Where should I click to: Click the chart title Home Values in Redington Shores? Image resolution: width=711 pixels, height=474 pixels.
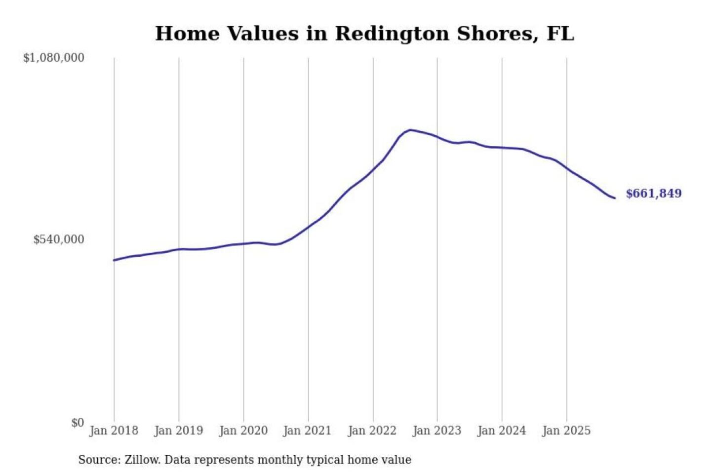tap(364, 34)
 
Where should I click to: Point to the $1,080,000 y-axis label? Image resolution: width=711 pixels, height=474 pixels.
tap(54, 58)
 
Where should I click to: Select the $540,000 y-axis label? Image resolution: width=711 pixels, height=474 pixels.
tap(59, 239)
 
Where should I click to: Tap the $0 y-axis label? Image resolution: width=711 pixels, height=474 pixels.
tap(78, 423)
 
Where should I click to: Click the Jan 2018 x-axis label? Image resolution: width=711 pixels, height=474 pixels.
tap(114, 431)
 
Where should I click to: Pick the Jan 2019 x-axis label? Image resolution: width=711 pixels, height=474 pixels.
tap(178, 431)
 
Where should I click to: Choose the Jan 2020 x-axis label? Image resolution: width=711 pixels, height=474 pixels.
tap(243, 431)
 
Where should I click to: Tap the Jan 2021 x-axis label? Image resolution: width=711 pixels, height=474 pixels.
tap(307, 431)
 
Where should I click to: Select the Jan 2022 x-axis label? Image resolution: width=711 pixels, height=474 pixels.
tap(372, 431)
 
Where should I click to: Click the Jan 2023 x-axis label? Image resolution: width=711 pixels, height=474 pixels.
tap(436, 431)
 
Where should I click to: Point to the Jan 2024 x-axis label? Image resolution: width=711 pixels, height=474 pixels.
tap(502, 431)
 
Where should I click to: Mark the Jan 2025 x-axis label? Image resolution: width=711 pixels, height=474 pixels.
tap(566, 431)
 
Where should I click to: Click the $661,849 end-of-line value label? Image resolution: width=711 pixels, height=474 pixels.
tap(654, 194)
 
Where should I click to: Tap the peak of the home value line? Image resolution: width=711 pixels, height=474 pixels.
tap(410, 130)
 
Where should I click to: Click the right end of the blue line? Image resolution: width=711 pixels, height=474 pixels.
tap(615, 198)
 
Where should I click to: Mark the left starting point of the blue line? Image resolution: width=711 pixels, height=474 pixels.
tap(114, 260)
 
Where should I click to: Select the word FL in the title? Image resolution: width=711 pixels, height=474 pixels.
tap(560, 34)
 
